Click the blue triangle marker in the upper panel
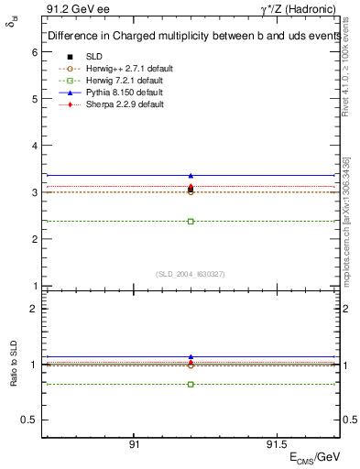click(191, 175)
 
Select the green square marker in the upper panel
click(191, 221)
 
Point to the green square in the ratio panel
click(191, 384)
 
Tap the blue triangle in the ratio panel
click(191, 356)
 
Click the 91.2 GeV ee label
click(73, 10)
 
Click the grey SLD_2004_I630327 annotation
click(191, 274)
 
